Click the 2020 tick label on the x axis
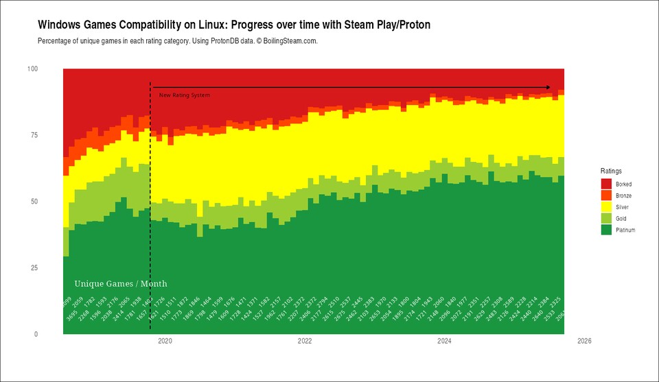tap(165, 340)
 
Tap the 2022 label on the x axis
tap(305, 340)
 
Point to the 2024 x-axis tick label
tap(444, 340)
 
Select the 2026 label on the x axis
tap(584, 340)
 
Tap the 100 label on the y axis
tap(32, 69)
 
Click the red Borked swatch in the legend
tap(606, 184)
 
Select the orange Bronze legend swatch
tap(606, 195)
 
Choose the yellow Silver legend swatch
tap(606, 207)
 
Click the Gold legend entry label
tap(621, 219)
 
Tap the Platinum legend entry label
tap(625, 230)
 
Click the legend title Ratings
tap(611, 171)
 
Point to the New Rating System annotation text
tap(185, 95)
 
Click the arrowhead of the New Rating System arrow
tap(548, 87)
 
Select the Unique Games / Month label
tap(120, 284)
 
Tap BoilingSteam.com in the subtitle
tap(292, 41)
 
